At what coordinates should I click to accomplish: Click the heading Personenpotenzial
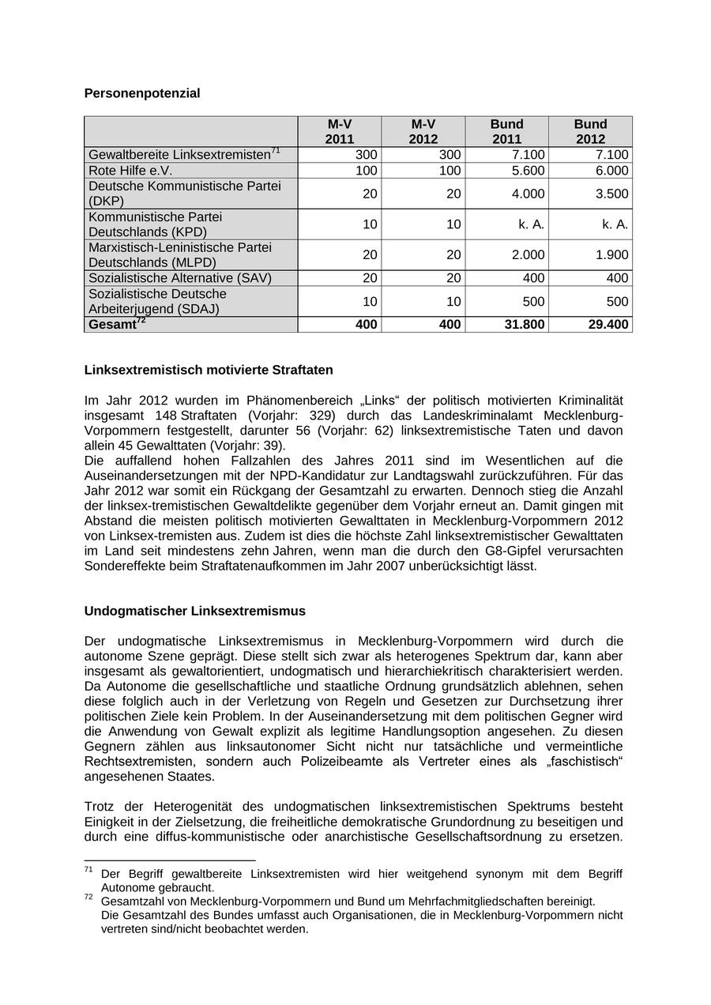point(142,93)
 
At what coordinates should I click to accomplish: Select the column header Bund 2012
point(590,131)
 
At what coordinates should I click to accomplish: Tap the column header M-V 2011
point(340,131)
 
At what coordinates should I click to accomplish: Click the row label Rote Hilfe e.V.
point(130,171)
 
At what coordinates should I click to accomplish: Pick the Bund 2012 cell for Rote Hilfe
point(612,171)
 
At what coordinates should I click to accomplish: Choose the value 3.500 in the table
point(612,194)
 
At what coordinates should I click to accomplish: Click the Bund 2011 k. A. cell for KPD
point(531,224)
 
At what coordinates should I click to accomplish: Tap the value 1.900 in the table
point(612,255)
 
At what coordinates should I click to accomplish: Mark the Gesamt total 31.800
point(524,325)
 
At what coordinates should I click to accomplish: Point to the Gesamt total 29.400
point(608,325)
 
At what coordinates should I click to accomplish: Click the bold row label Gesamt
point(112,325)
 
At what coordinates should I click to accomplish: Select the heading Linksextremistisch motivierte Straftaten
point(209,370)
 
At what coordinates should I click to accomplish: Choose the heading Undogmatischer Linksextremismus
point(194,611)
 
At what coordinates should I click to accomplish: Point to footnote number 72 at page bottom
point(88,898)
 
